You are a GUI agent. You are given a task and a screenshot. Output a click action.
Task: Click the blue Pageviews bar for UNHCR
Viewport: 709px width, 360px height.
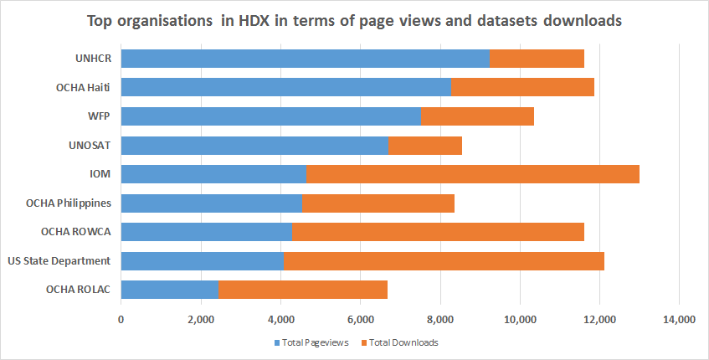[x=306, y=59]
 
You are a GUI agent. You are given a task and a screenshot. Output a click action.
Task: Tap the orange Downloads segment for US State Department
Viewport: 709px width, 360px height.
[x=444, y=261]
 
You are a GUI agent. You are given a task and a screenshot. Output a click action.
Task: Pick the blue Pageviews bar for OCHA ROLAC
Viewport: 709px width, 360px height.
[x=170, y=290]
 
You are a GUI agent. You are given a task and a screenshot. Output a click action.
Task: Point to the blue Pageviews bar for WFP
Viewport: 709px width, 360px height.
[x=271, y=116]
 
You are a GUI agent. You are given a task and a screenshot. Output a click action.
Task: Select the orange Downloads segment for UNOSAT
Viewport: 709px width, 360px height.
[x=424, y=146]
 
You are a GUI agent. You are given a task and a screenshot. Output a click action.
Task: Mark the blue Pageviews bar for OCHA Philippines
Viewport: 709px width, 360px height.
[x=212, y=203]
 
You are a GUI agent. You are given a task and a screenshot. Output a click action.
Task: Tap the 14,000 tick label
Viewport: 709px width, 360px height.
[x=679, y=320]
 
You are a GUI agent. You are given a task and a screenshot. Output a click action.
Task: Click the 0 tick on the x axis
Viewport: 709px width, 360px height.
[x=121, y=320]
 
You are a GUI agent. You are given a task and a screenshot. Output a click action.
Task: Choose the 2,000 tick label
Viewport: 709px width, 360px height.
[x=201, y=320]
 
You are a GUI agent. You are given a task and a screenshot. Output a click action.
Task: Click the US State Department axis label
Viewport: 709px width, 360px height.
[x=69, y=261]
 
